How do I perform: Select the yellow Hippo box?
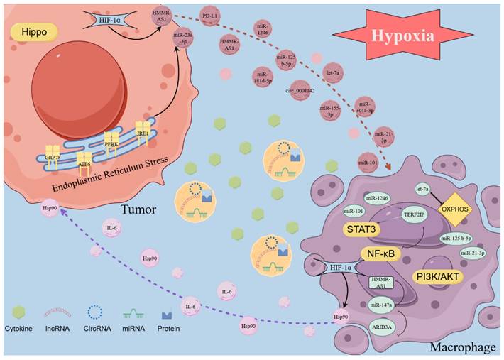tap(33, 33)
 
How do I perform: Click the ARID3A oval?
tap(380, 328)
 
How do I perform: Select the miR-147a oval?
tap(379, 304)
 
